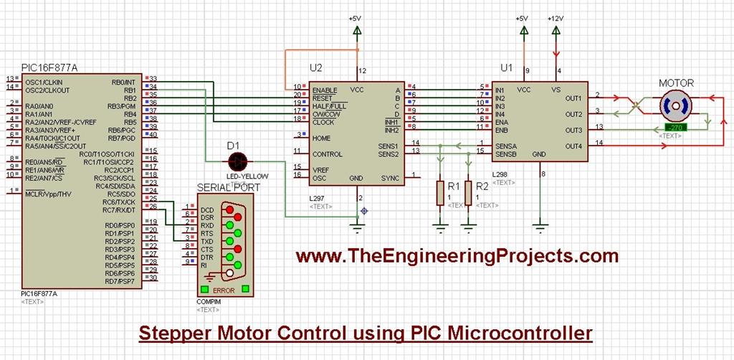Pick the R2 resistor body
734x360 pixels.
[468, 192]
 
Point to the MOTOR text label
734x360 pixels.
[677, 83]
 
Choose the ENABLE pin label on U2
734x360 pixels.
[325, 89]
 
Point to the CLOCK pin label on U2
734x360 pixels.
[323, 122]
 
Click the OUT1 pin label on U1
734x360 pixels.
[573, 98]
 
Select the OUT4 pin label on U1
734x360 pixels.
[573, 146]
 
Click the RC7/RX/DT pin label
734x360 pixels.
[119, 210]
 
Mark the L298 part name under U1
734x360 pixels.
[500, 175]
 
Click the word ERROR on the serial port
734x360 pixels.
[224, 290]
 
